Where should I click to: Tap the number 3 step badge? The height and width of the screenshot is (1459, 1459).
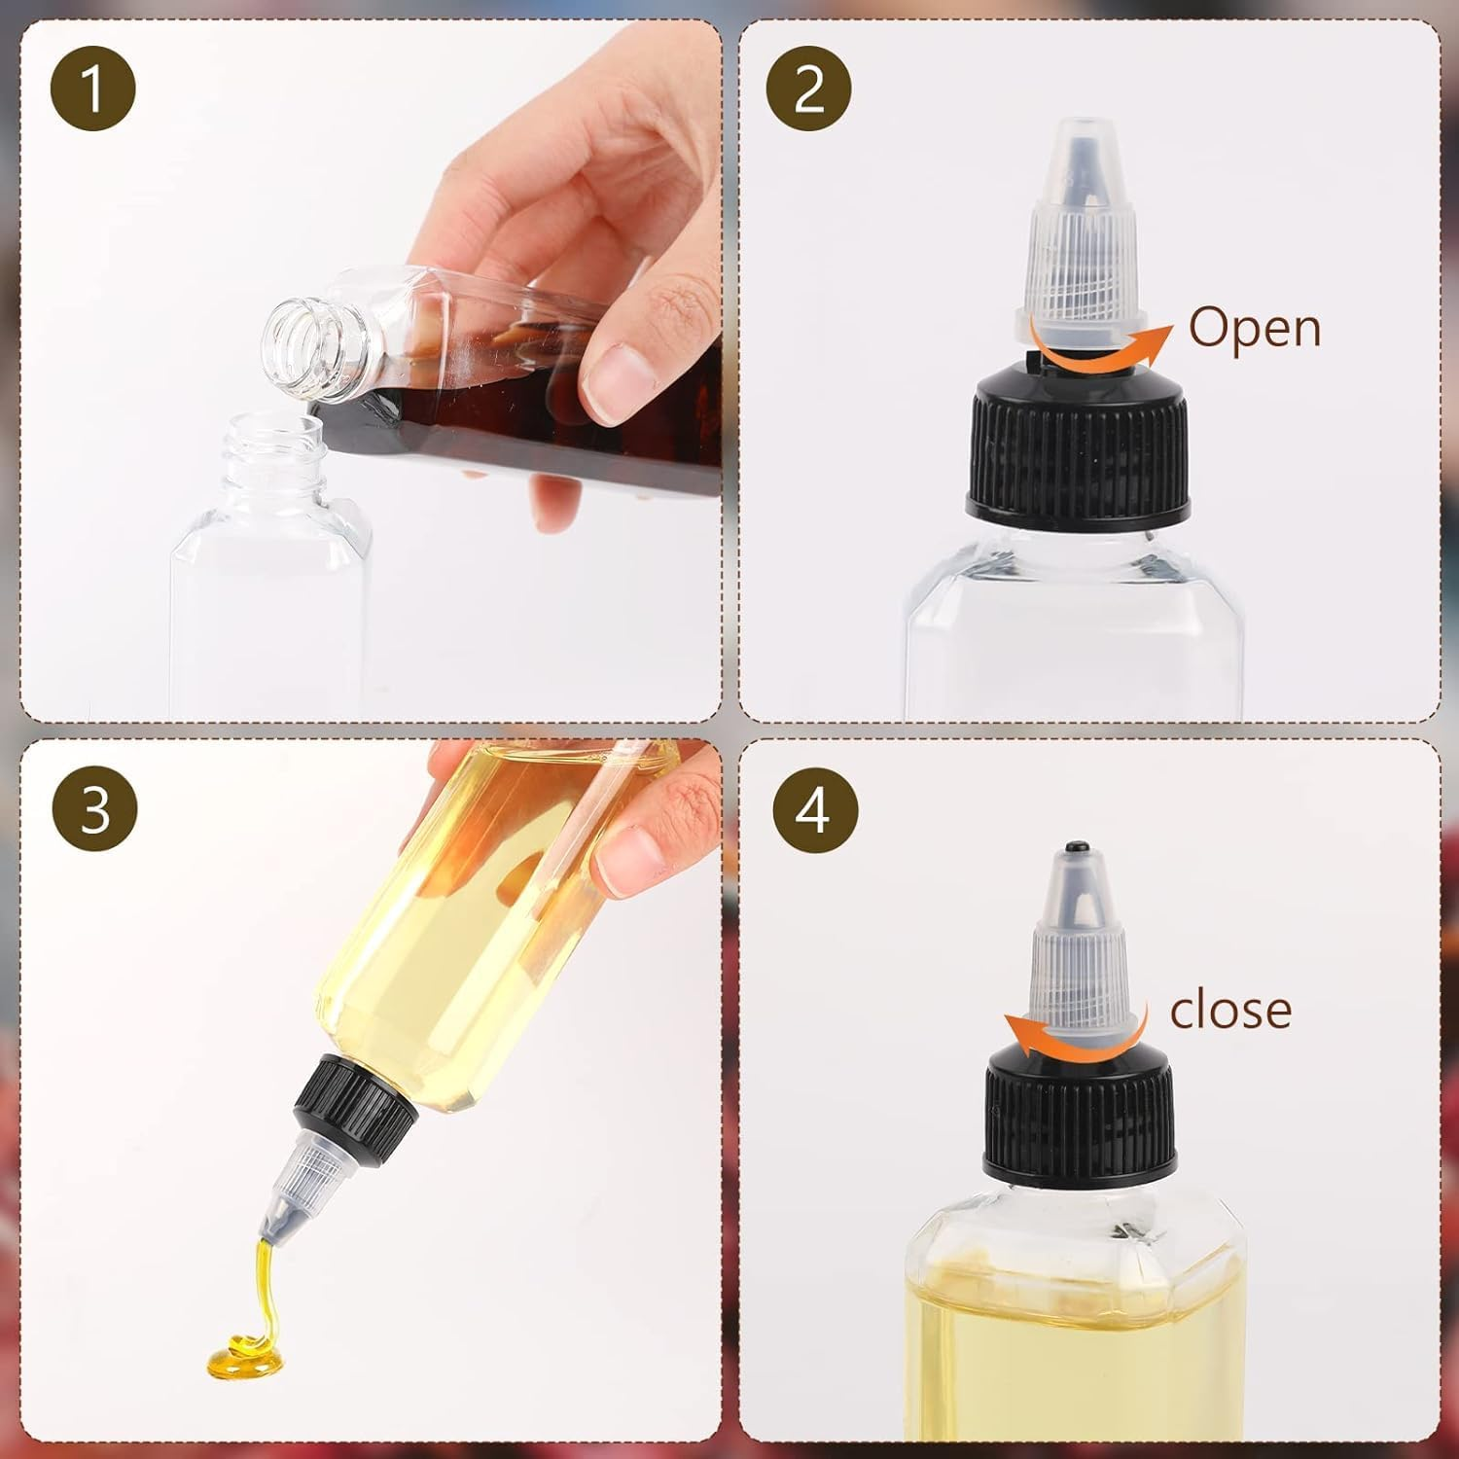94,808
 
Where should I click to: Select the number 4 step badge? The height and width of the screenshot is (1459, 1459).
815,808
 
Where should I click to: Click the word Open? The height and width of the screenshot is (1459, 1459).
1255,329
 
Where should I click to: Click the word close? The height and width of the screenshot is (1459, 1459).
1230,1012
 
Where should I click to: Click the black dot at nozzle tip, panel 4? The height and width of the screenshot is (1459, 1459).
1076,848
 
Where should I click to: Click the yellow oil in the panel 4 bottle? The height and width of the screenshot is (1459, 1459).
1075,1352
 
